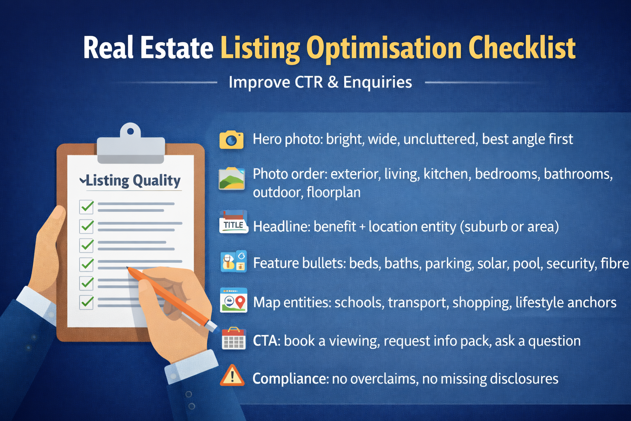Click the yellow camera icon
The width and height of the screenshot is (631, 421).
click(231, 140)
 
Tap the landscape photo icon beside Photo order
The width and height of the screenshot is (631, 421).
click(232, 178)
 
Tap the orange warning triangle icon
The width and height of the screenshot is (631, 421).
click(232, 375)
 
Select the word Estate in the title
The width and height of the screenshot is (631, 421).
click(177, 49)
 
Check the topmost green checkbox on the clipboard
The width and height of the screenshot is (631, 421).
click(87, 206)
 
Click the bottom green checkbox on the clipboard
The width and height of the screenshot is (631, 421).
click(87, 302)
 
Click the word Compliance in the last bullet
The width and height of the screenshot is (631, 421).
click(290, 378)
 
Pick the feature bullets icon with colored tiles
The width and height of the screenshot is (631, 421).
click(233, 261)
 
